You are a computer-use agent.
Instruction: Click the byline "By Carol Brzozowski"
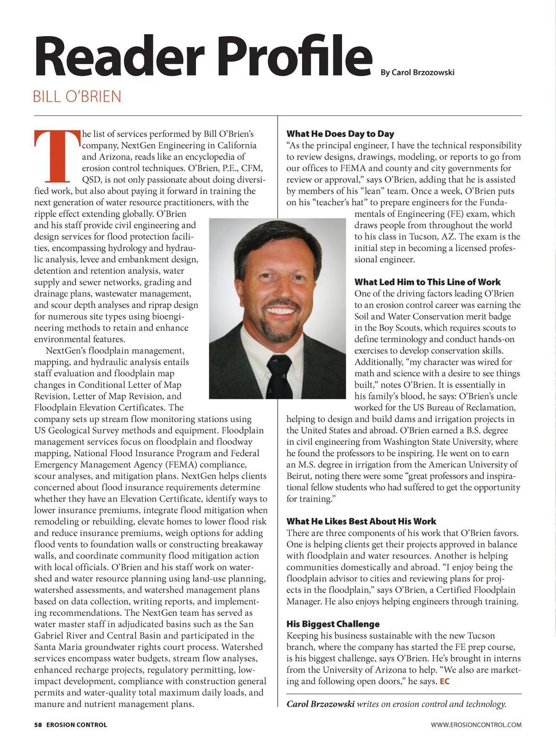[x=417, y=72]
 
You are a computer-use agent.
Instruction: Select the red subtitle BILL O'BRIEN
[x=77, y=97]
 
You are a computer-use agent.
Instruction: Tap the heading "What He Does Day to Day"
[x=340, y=134]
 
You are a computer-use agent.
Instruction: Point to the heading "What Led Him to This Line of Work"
[x=427, y=282]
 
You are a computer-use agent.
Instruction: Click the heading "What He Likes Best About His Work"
[x=361, y=521]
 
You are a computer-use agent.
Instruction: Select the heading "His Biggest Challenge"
[x=333, y=624]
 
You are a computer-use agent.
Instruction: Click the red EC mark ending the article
[x=444, y=681]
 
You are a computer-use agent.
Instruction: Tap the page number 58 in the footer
[x=38, y=725]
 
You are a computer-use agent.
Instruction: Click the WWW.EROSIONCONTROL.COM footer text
[x=476, y=725]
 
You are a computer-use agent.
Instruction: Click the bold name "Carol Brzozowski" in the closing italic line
[x=320, y=704]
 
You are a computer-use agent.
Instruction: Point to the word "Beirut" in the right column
[x=299, y=476]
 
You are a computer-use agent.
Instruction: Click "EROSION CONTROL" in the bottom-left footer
[x=76, y=725]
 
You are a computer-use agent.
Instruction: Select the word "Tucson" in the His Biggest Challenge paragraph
[x=481, y=636]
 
